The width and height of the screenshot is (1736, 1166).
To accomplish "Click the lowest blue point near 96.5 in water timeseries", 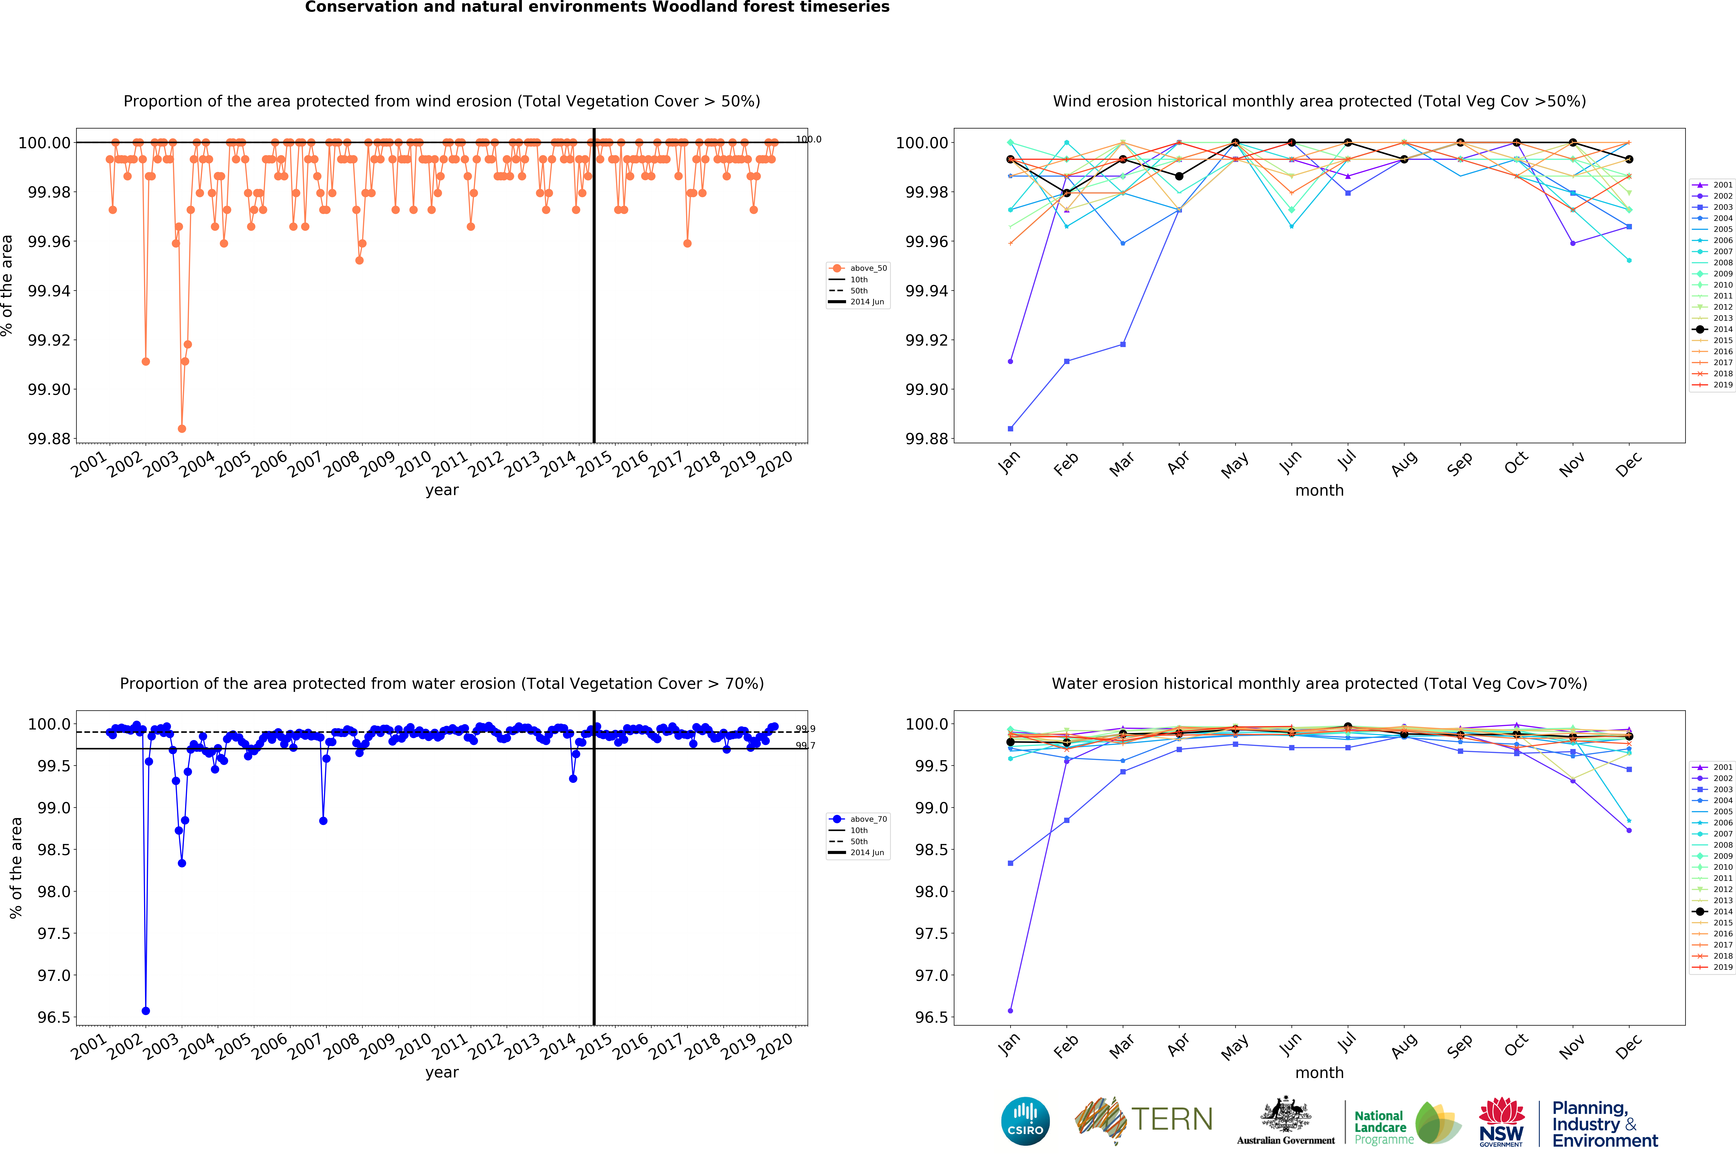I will (146, 1011).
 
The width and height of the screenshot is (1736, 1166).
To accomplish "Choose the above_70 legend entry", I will (859, 819).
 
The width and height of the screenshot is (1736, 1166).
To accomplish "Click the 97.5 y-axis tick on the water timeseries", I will (54, 933).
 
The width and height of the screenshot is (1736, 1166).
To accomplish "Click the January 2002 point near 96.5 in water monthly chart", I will (1010, 1011).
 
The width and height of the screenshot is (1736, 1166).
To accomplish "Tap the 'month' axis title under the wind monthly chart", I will (1319, 490).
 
